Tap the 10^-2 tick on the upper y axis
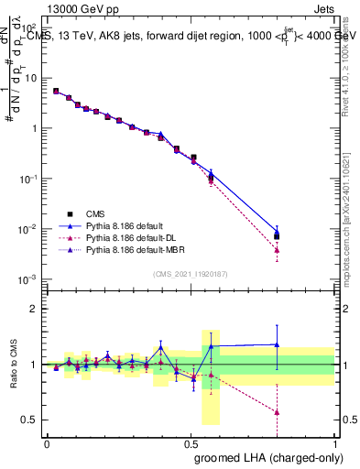[x=31, y=228]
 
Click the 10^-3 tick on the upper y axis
[x=31, y=278]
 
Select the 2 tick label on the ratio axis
[x=36, y=309]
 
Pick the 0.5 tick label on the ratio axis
[x=33, y=420]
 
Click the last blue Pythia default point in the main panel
[x=277, y=232]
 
